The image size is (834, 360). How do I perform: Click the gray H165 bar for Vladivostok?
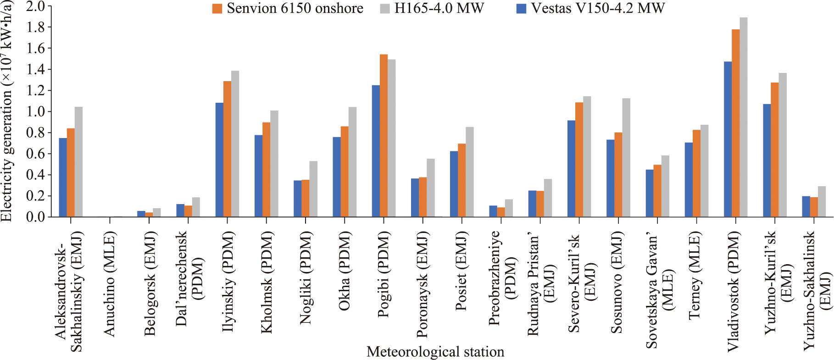tap(744, 117)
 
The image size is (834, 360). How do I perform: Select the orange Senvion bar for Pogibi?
tap(384, 136)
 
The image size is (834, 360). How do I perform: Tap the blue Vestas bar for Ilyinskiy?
tap(219, 160)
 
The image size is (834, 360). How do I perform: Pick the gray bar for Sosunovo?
tap(626, 157)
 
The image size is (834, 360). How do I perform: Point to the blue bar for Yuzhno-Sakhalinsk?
tap(806, 206)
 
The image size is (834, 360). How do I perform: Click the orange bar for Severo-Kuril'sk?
tap(579, 160)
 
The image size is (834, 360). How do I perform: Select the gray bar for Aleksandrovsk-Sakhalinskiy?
tap(78, 161)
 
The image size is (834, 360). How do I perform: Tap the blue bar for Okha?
tap(337, 177)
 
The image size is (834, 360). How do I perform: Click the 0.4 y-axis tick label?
tap(36, 175)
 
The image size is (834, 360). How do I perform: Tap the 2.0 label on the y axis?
tap(36, 6)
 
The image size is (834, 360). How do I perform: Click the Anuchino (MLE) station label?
tap(110, 284)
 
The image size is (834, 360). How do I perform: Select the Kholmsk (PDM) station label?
tap(267, 282)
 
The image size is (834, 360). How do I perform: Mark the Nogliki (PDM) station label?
tap(306, 278)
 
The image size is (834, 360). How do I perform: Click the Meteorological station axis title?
tap(435, 352)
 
